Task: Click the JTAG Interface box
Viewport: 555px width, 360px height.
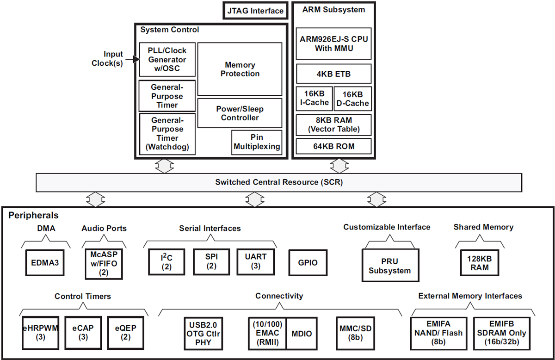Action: [255, 11]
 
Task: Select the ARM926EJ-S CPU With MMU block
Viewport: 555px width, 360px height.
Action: [333, 43]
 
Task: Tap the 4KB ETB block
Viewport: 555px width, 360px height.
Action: [333, 74]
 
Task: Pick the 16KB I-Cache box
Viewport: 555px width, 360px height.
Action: [314, 98]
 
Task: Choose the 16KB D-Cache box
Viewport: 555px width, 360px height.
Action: [352, 98]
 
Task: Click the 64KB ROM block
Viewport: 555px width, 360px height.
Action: [333, 147]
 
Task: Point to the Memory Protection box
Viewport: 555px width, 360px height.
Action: [240, 69]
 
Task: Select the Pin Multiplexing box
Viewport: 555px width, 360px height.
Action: [257, 142]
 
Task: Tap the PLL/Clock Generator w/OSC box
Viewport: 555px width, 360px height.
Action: [167, 60]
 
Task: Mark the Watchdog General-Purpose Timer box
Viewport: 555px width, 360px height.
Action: [167, 134]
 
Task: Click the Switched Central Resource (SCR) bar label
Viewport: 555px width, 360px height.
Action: [279, 182]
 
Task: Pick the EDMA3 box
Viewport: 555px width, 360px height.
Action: [45, 263]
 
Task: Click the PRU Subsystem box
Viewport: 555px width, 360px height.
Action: [389, 266]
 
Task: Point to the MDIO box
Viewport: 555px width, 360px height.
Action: [302, 333]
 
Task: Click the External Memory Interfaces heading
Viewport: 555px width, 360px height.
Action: [470, 296]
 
